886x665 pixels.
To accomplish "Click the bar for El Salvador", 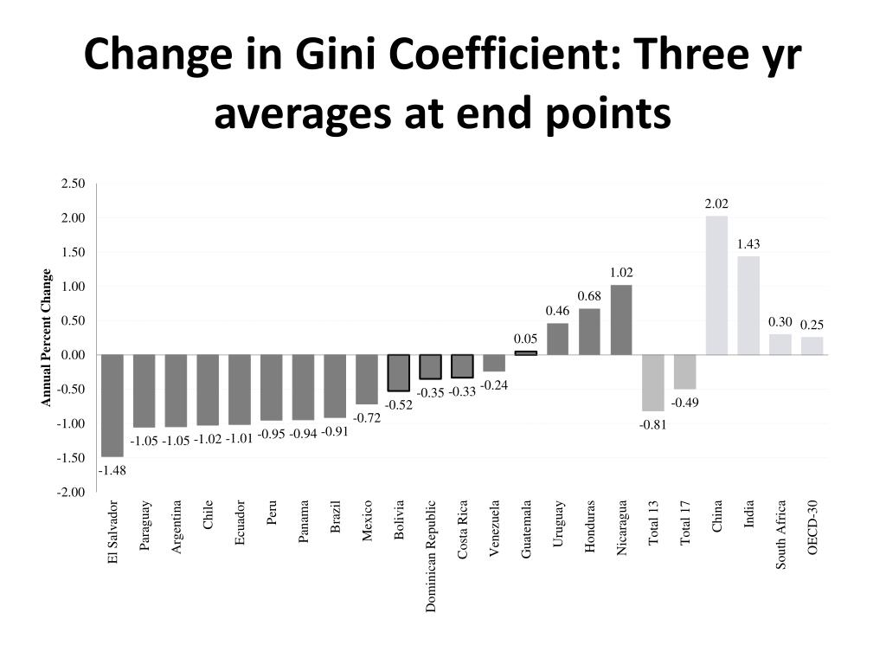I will point(112,405).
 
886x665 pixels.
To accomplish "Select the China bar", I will point(716,285).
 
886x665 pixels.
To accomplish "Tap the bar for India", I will point(748,305).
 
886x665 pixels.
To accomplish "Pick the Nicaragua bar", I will point(621,320).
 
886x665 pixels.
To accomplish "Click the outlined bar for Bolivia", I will point(398,372).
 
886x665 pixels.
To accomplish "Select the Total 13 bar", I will point(653,383).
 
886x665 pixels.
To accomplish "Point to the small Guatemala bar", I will point(526,352).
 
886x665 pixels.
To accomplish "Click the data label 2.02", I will point(716,204).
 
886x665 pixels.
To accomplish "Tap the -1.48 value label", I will point(112,470).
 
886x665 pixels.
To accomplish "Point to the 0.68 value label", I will point(589,297).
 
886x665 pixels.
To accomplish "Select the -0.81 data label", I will point(653,424).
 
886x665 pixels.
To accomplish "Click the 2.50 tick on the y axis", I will point(74,184).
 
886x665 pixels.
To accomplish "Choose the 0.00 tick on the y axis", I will point(74,355).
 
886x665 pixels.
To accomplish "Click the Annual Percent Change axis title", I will point(47,339).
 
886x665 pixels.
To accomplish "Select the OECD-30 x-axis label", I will point(812,528).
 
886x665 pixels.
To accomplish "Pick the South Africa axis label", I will point(780,534).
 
